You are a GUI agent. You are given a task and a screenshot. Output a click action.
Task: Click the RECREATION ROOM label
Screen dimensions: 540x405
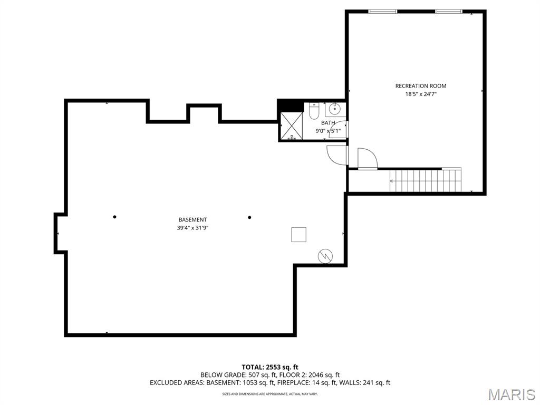420,86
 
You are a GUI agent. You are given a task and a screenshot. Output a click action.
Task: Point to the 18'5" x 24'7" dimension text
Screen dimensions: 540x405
421,94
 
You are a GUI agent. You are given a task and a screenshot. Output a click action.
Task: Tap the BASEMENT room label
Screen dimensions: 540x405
192,220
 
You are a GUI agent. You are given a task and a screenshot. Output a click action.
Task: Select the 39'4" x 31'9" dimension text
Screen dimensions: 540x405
192,228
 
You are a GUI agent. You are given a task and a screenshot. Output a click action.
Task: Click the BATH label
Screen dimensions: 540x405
328,122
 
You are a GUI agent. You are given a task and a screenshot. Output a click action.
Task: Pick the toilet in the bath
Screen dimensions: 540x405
314,111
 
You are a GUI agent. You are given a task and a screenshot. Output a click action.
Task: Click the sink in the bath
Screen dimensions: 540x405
334,109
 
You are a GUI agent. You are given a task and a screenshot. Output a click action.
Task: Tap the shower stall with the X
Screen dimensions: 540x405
291,126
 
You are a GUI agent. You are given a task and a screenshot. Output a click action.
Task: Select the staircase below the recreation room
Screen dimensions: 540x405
426,180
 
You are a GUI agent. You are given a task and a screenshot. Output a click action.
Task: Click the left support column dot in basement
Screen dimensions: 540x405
114,217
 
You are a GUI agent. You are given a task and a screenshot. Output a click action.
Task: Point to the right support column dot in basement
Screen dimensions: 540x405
249,217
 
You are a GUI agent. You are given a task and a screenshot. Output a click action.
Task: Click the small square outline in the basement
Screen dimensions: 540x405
298,235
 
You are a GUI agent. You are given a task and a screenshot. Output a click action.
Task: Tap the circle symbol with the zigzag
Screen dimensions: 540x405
325,256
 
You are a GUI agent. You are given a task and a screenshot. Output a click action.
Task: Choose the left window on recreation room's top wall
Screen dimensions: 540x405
383,12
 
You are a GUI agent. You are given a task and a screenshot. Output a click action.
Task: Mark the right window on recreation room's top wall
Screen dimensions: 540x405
449,12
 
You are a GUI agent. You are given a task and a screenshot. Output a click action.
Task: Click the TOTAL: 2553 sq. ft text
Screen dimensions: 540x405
269,367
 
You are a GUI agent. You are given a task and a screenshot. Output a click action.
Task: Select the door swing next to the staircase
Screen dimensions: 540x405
368,158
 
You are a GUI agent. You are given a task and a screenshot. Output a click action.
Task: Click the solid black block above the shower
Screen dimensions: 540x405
291,105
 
